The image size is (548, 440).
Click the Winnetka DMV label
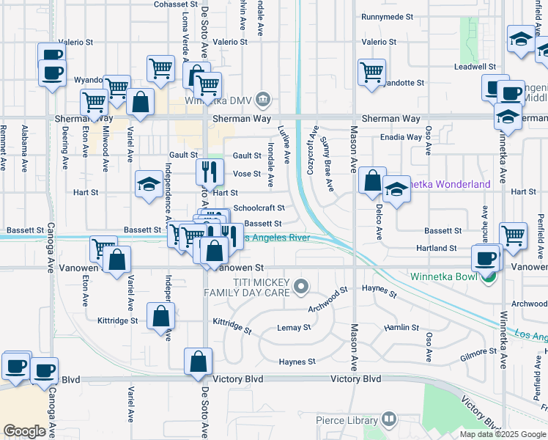tap(218, 100)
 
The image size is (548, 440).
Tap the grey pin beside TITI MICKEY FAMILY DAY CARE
tap(300, 285)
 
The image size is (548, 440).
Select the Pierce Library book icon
tap(388, 419)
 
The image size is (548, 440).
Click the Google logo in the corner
tap(24, 431)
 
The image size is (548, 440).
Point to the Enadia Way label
tap(400, 137)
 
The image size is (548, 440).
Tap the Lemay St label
tap(294, 328)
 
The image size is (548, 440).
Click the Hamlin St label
tap(401, 328)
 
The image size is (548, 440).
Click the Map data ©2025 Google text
tap(503, 434)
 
